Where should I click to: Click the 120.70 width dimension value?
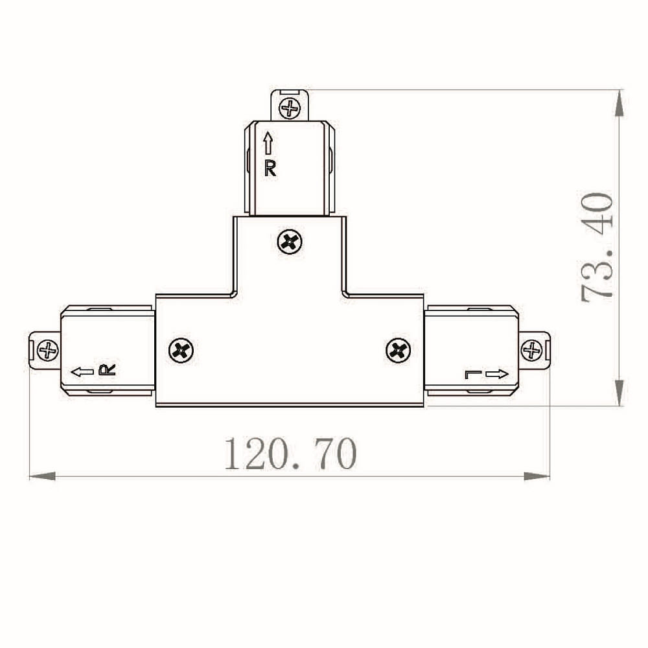[x=290, y=454]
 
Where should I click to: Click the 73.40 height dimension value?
[x=597, y=247]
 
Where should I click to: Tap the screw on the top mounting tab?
[x=290, y=109]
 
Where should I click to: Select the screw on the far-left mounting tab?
[x=48, y=351]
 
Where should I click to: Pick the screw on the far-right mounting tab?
[x=531, y=351]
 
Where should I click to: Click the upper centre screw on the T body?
[x=289, y=242]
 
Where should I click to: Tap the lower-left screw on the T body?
[x=181, y=351]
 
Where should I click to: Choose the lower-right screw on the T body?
[x=398, y=351]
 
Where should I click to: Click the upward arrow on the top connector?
[x=268, y=143]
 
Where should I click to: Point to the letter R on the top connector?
[x=270, y=168]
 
